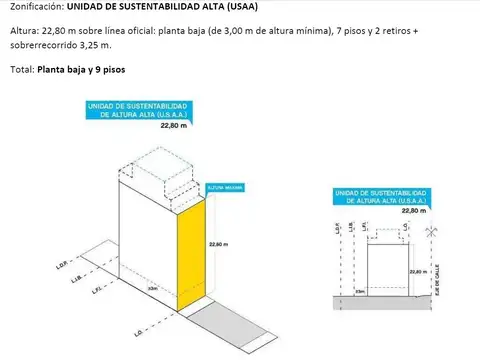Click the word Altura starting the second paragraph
click(26, 32)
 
